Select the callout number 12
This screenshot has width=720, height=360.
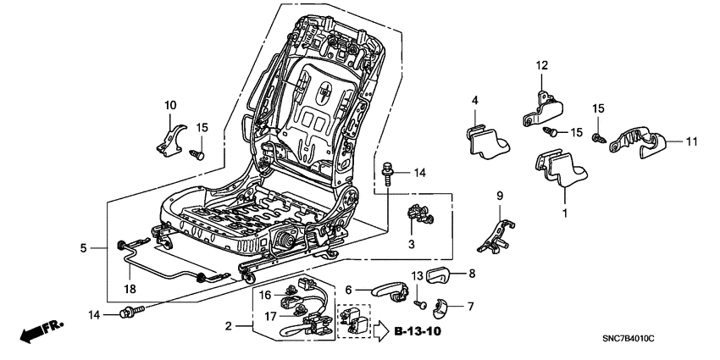point(542,64)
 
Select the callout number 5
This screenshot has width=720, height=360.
point(83,248)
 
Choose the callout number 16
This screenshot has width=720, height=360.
point(265,295)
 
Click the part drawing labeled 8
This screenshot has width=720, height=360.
point(438,274)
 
